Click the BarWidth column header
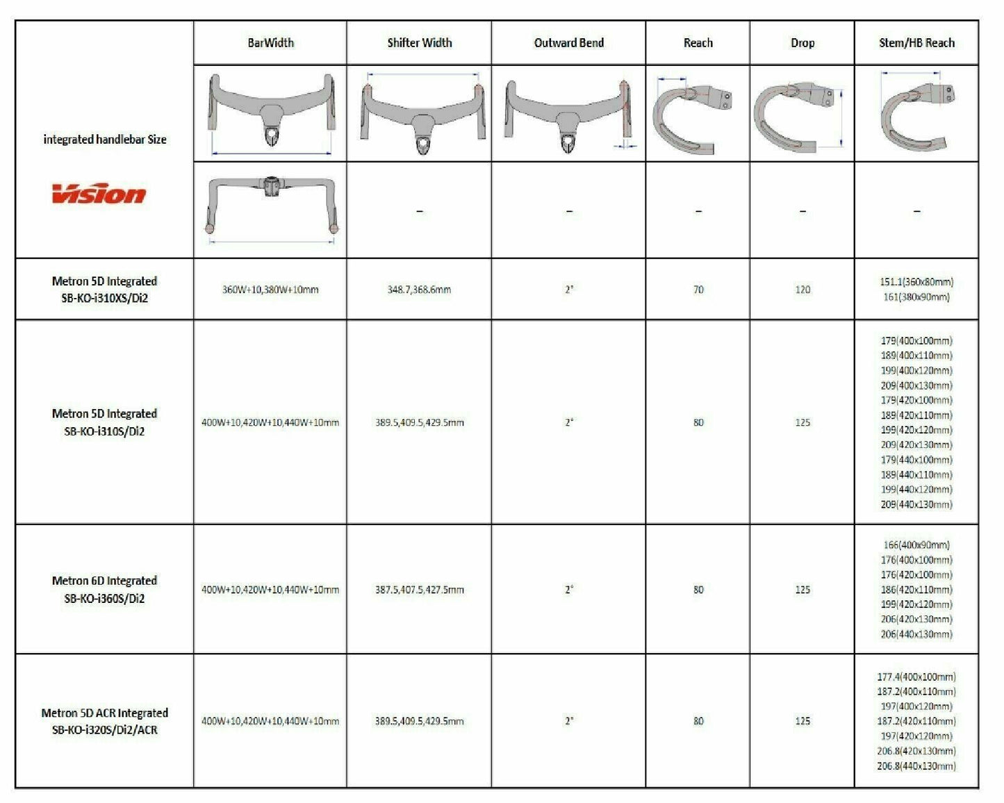coord(270,43)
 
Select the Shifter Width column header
coord(419,43)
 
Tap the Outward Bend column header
coord(568,43)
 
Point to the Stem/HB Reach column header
coord(916,43)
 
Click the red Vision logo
coord(99,194)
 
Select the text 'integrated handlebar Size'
coord(104,140)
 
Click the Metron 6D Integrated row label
coord(104,589)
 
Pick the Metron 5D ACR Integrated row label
coord(104,721)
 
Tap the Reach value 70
coord(698,290)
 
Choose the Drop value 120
coord(802,290)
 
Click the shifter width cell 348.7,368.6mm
coord(419,290)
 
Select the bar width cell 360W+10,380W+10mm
coord(270,290)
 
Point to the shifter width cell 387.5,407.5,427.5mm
coord(419,590)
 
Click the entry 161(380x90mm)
coord(916,297)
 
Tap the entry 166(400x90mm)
coord(916,545)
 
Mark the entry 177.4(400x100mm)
coord(916,677)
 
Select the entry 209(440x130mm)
coord(916,505)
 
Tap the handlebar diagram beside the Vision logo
coord(270,208)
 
